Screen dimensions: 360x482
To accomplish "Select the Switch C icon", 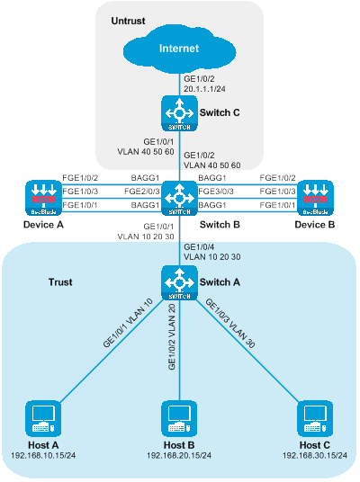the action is [179, 113].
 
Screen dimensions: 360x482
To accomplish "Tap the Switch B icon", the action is [179, 198].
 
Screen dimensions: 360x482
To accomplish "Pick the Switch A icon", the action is [179, 282].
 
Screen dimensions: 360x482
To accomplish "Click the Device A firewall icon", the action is [43, 198].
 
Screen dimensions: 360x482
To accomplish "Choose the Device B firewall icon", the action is [315, 198].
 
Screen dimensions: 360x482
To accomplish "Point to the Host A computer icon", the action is [43, 418].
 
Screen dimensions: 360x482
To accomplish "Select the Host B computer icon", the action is [179, 418].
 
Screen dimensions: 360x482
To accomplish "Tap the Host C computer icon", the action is [315, 418].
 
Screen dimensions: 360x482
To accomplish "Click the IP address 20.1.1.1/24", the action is [204, 89].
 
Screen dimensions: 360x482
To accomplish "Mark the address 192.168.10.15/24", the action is [43, 455].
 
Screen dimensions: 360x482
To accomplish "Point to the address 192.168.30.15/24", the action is [315, 455].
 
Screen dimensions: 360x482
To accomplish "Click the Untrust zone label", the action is [128, 21].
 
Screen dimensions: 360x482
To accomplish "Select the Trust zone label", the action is [60, 282].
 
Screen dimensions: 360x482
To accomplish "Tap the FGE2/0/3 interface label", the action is [142, 192].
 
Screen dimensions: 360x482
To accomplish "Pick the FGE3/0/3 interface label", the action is [216, 192].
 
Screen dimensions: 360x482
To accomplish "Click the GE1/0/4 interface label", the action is [199, 246].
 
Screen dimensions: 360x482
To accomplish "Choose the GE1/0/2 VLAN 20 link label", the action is [172, 336].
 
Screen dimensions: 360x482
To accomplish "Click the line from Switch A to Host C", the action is [247, 351].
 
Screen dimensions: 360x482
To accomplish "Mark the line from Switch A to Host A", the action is [112, 351].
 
